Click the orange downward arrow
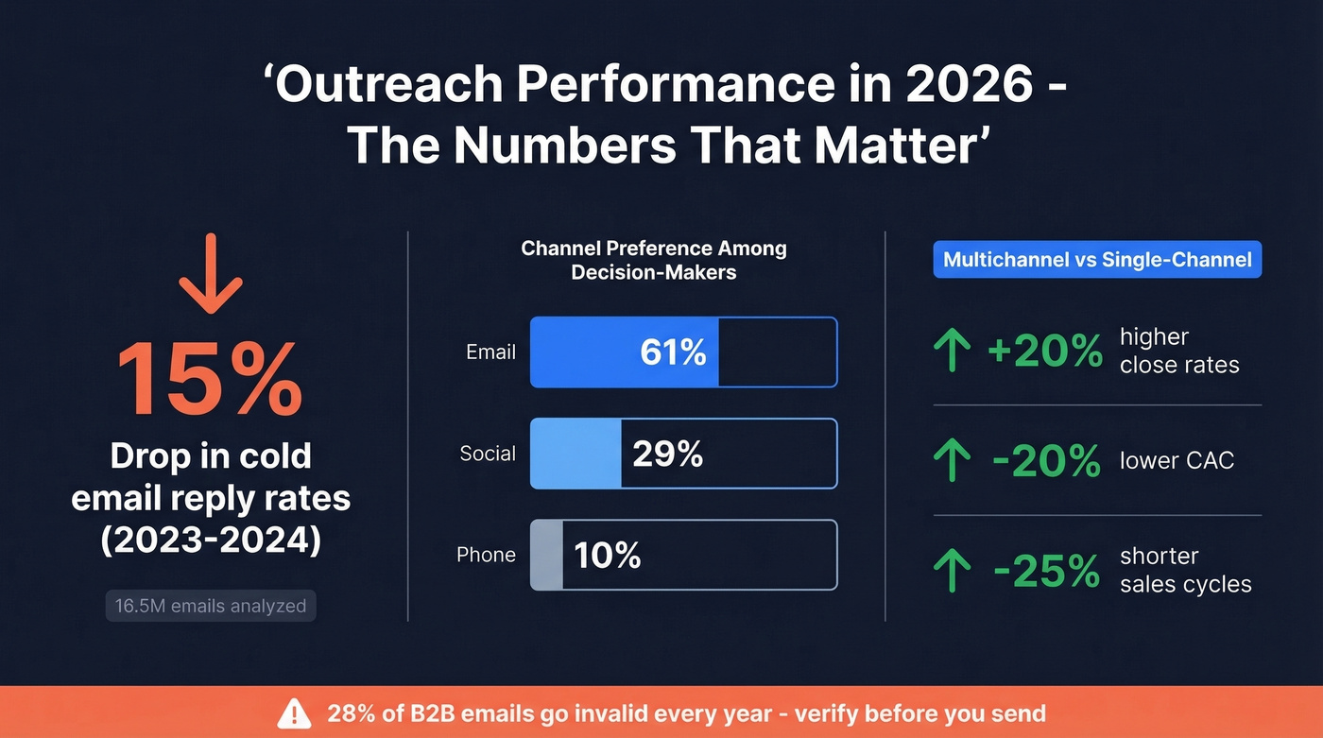point(211,274)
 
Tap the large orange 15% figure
point(210,380)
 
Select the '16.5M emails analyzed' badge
point(211,606)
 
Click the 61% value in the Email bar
point(673,352)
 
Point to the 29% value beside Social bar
point(667,454)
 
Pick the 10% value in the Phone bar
point(607,556)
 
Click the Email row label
point(490,352)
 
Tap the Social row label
point(488,454)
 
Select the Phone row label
point(486,555)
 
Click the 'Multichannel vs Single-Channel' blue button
point(1097,260)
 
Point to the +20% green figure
point(1044,352)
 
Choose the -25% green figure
point(1046,571)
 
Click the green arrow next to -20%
point(952,461)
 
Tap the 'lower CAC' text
point(1177,460)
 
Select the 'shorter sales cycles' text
point(1185,570)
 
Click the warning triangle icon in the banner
point(296,712)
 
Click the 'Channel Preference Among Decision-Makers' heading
point(654,260)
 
